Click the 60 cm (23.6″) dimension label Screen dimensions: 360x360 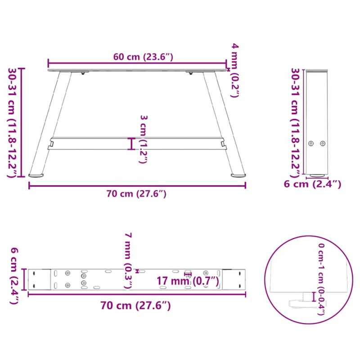[143, 57]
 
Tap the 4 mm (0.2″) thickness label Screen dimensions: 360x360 [235, 70]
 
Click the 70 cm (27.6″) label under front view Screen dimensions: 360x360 [137, 194]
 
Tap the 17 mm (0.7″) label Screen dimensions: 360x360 [188, 282]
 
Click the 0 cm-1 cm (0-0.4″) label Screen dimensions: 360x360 [321, 279]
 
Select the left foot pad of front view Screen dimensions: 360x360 [36, 174]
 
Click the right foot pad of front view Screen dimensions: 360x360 [238, 174]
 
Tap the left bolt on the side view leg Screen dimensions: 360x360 [311, 143]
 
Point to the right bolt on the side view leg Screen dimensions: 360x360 [322, 143]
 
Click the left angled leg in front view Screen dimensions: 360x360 [50, 121]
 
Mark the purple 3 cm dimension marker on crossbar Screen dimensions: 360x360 [132, 144]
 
